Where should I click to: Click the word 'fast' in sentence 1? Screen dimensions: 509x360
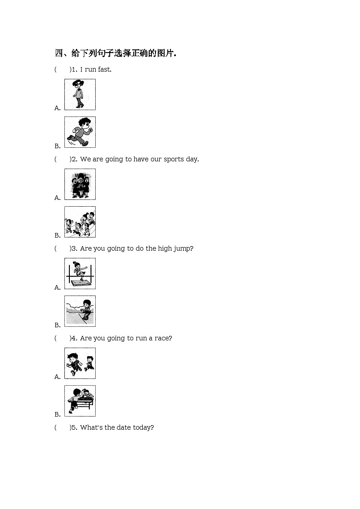tap(104, 69)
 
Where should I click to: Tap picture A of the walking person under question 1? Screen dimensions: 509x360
tap(80, 94)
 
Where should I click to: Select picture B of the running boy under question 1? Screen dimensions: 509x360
tap(80, 132)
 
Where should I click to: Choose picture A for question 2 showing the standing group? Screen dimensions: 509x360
tap(80, 184)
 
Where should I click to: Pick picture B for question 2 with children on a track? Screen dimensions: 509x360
tap(80, 222)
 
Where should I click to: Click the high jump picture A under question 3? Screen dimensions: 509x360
tap(80, 273)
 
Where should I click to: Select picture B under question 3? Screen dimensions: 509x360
tap(80, 311)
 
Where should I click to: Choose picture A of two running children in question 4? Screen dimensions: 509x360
tap(80, 363)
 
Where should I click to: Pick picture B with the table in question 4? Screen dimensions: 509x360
tap(80, 401)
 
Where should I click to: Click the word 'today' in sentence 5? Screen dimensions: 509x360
tap(143, 427)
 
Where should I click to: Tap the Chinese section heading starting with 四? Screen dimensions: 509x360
tap(115, 53)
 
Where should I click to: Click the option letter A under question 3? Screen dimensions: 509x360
tap(58, 287)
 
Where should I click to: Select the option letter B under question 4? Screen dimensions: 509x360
tap(58, 414)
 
